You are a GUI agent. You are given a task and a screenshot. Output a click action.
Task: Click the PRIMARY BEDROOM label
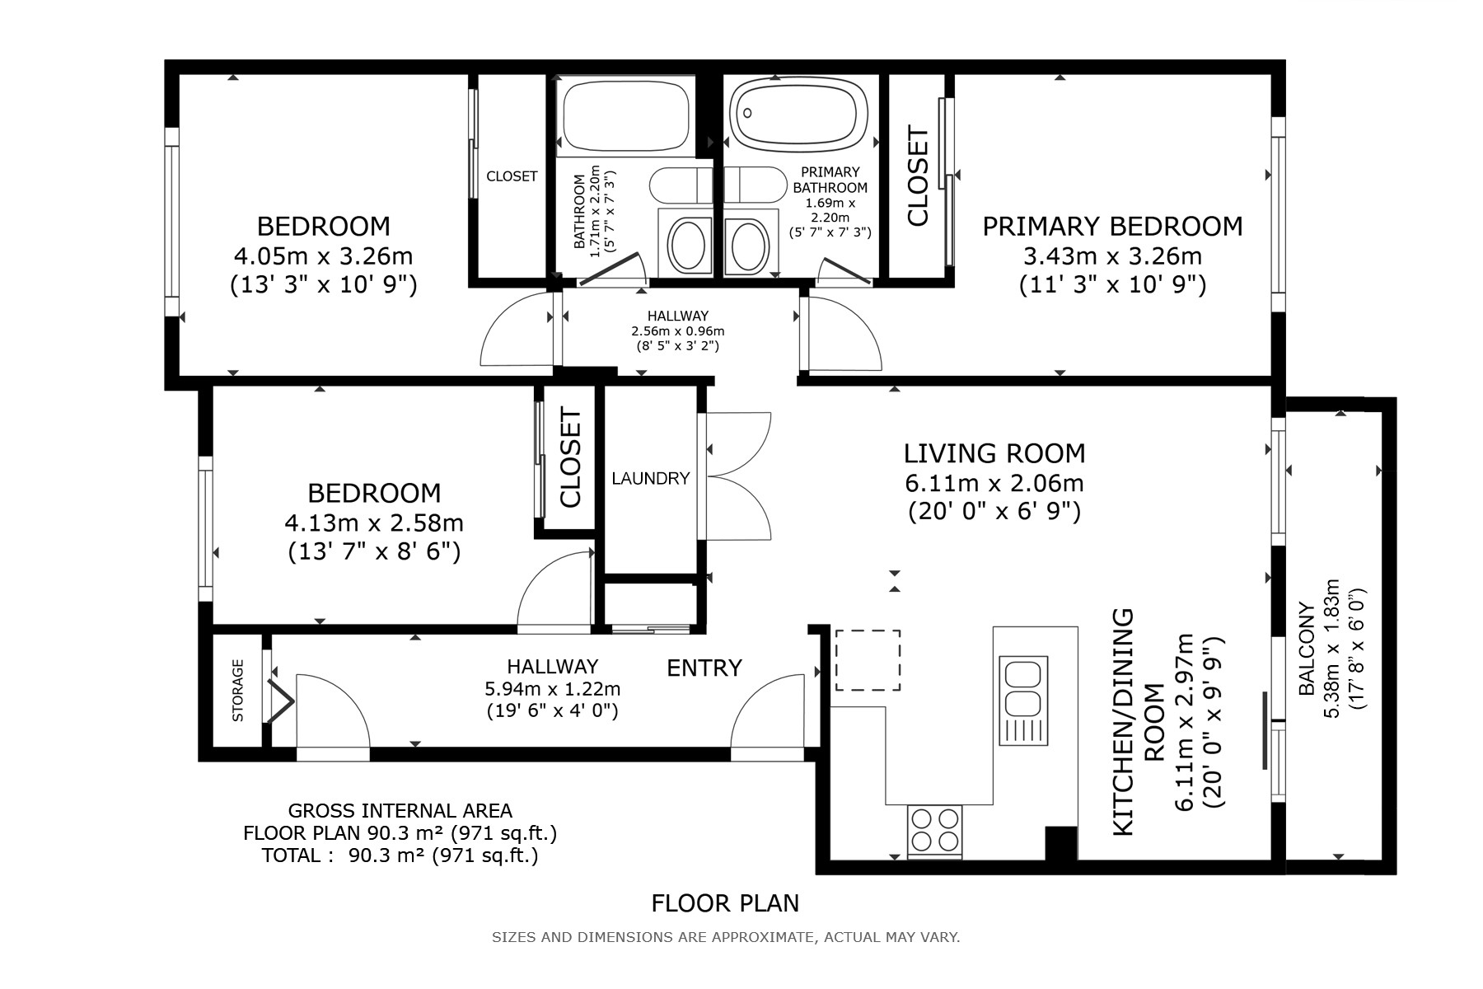point(1112,226)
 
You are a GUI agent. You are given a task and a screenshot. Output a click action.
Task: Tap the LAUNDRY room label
point(650,478)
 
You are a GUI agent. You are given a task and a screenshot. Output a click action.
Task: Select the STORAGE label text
point(238,691)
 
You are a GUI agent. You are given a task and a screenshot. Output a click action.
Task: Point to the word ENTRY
point(704,668)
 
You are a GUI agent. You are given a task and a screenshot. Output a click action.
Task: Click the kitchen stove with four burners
point(935,831)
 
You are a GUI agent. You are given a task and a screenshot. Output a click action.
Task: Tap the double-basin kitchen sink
point(1023,700)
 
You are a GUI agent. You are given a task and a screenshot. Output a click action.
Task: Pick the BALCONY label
point(1306,649)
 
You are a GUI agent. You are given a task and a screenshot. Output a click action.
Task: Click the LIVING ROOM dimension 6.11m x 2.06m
point(994,482)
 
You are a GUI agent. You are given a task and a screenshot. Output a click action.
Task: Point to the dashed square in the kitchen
point(868,659)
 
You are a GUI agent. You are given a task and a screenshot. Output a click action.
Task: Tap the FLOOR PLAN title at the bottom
point(725,903)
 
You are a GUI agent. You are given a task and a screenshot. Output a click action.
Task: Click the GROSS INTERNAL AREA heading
point(400,811)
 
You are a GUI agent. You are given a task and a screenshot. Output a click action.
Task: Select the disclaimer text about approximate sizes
point(726,937)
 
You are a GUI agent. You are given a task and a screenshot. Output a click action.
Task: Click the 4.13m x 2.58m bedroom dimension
point(374,523)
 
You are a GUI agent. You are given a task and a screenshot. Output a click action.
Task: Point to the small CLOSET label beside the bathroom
point(512,176)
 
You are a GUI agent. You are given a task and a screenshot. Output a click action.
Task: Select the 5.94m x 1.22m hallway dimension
point(553,688)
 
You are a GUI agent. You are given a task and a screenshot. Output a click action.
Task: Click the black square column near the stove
point(1061,843)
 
